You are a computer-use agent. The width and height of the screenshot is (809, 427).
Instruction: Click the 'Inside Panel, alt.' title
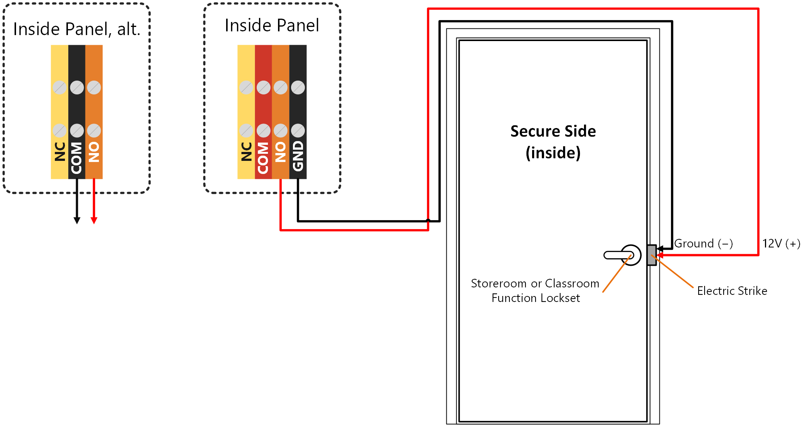pos(77,29)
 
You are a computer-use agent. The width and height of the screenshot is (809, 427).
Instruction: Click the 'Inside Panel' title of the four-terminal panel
pos(272,25)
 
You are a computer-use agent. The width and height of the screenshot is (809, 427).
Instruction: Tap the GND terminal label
pos(298,156)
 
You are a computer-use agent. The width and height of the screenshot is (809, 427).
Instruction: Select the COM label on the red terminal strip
pos(263,158)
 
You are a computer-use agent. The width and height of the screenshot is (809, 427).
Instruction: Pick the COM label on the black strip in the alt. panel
pos(76,158)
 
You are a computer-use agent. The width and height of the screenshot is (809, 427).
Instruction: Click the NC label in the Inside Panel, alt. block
pos(60,152)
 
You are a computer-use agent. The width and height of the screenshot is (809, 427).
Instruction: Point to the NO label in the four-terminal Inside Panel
pos(280,152)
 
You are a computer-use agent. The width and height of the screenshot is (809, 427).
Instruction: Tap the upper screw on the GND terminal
pos(298,88)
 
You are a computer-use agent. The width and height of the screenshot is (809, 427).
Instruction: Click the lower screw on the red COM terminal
pos(263,131)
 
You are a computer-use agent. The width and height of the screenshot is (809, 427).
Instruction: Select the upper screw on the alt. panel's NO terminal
pos(94,88)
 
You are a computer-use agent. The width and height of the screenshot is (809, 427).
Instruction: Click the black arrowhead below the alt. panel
pos(77,221)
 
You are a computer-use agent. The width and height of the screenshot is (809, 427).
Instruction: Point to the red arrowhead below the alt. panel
pos(94,221)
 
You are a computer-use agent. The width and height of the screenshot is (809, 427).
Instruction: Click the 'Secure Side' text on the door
pos(553,131)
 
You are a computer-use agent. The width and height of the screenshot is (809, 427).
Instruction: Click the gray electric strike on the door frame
pos(652,255)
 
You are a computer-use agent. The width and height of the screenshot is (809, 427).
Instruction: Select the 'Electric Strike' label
pos(732,291)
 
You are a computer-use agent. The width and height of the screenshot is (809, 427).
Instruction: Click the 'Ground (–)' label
pos(703,244)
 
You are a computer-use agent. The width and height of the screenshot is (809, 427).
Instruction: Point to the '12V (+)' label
pos(781,244)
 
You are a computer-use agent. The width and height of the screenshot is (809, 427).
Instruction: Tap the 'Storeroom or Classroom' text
pos(535,284)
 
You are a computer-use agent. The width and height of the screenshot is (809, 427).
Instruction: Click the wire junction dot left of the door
pos(428,221)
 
